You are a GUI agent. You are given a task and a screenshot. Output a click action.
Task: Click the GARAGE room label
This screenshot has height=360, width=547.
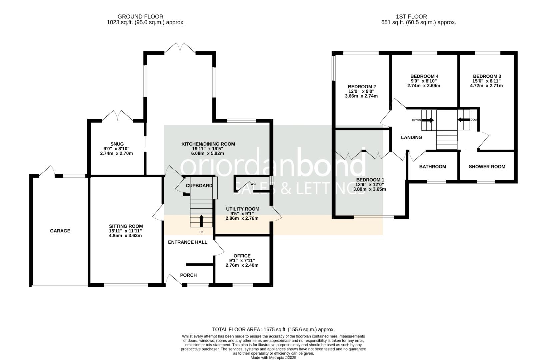tap(60, 231)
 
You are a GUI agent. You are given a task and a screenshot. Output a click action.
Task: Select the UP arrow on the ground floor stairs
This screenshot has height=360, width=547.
tap(201, 221)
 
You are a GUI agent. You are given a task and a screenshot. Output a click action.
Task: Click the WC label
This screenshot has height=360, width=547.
tap(253, 184)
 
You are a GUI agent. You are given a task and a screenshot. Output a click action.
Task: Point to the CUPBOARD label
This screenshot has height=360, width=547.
tap(199, 186)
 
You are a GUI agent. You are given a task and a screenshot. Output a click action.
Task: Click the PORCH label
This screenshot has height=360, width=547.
tap(188, 275)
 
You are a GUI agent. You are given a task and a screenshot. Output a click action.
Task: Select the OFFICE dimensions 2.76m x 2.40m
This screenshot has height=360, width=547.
tap(242, 265)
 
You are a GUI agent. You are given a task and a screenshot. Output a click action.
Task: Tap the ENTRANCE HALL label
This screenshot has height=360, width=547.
tap(187, 242)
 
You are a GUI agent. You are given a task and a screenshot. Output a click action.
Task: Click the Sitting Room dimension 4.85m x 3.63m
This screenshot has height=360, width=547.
tap(125, 236)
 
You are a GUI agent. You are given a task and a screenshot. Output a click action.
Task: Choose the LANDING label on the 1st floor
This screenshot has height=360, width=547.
tap(411, 137)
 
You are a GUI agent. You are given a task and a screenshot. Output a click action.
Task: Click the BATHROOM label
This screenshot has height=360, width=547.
tap(432, 167)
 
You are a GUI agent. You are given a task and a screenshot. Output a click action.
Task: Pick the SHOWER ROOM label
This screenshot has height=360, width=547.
tap(487, 167)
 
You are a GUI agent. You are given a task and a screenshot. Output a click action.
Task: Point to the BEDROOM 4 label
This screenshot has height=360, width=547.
tap(424, 76)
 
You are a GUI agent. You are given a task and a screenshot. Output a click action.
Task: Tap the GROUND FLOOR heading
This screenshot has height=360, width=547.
tap(140, 16)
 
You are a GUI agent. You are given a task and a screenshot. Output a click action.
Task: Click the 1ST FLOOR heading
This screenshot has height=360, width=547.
tap(411, 16)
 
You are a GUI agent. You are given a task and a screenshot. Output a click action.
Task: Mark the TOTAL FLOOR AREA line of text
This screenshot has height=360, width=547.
tap(273, 329)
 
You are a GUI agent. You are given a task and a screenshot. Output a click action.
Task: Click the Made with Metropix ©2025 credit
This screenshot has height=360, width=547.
tap(273, 357)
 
